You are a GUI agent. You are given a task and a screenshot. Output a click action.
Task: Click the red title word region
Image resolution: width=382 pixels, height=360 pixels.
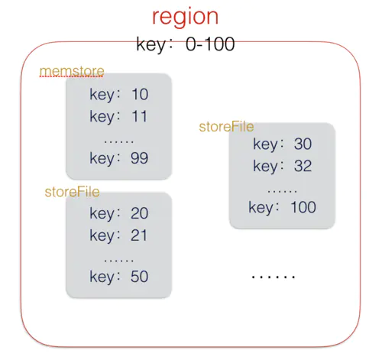(185, 18)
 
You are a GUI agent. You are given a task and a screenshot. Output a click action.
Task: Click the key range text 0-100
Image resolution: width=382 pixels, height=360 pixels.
(210, 44)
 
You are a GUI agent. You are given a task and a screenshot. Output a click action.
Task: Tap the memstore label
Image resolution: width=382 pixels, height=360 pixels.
(72, 71)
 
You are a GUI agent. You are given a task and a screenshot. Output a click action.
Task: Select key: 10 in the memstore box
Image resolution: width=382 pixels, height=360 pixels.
(119, 95)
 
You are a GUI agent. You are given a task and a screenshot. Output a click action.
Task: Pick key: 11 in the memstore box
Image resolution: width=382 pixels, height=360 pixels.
(118, 117)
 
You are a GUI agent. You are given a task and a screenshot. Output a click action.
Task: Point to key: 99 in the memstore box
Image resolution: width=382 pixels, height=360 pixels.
(119, 159)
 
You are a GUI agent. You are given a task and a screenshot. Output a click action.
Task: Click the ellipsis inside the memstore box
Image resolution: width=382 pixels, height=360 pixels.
(119, 141)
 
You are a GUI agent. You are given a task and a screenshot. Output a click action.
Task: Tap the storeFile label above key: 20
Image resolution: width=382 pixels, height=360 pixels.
(72, 192)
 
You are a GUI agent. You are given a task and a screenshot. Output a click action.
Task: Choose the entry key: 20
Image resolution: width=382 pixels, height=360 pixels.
(119, 214)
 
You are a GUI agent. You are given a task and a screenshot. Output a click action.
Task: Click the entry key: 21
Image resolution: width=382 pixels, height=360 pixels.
(118, 236)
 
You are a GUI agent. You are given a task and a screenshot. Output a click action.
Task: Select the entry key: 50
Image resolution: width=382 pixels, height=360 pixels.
(119, 277)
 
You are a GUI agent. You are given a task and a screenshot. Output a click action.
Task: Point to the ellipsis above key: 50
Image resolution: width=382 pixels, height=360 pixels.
(119, 261)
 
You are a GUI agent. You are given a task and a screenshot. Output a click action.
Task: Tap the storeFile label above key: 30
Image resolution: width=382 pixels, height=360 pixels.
(226, 127)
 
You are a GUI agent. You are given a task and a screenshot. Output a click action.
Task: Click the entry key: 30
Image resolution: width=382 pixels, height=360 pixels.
(283, 144)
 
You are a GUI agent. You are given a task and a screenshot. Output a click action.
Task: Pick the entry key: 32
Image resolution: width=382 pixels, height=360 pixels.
(283, 167)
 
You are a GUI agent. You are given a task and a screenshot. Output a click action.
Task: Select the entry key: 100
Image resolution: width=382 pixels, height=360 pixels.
(283, 208)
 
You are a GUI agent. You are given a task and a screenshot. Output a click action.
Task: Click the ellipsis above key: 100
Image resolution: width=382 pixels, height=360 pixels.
(283, 191)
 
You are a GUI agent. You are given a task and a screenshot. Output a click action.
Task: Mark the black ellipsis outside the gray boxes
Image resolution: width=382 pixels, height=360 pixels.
(274, 277)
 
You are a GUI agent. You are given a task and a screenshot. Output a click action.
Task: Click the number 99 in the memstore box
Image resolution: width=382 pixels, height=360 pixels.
(139, 158)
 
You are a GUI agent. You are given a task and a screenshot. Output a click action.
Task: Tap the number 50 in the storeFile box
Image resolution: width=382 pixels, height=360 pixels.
(139, 277)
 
